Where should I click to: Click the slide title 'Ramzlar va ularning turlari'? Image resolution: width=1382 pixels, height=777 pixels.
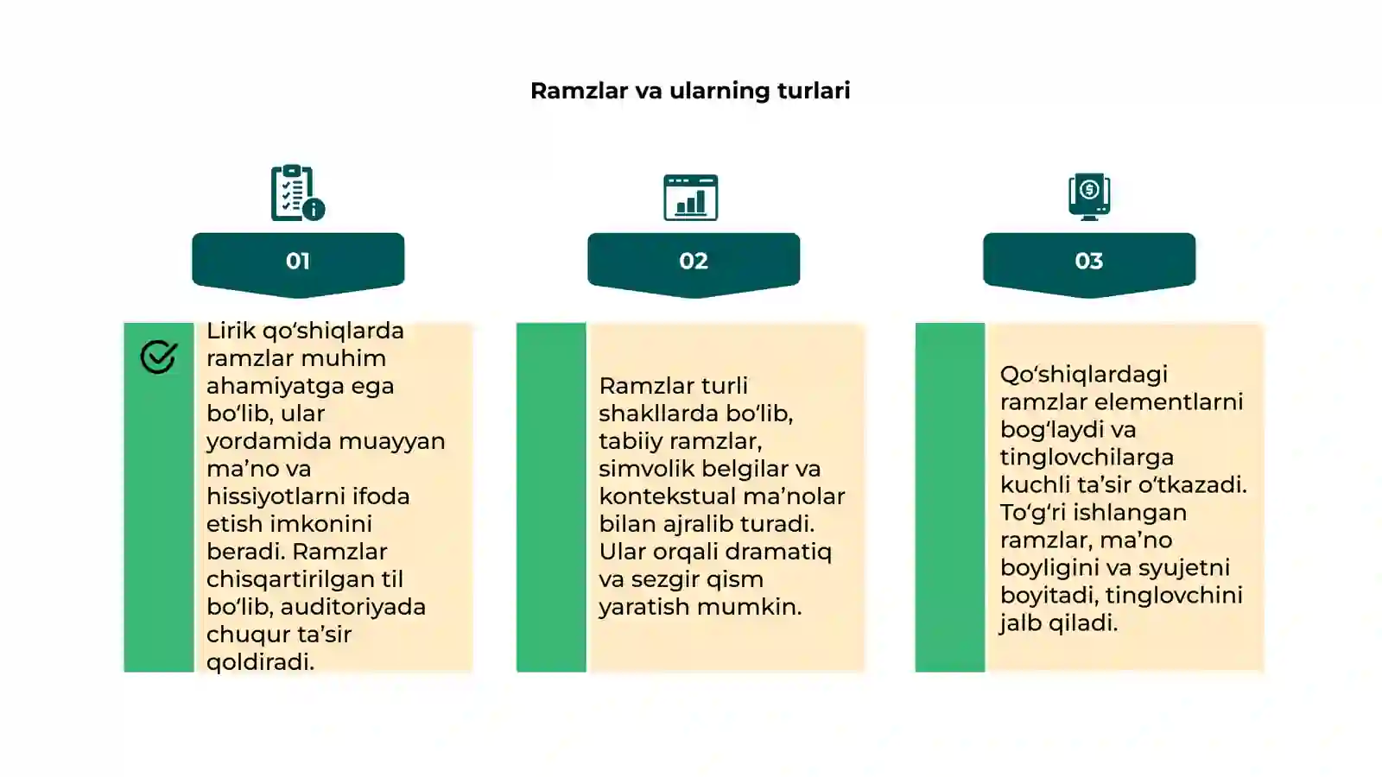[x=690, y=91]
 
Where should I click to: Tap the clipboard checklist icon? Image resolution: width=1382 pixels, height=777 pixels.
[x=298, y=193]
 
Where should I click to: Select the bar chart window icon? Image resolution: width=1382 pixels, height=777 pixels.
[x=690, y=198]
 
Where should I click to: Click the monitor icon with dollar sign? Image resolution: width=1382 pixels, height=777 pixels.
[x=1089, y=197]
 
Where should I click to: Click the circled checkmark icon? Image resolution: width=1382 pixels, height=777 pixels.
[x=159, y=357]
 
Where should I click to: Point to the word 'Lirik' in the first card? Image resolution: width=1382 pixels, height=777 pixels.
[x=231, y=331]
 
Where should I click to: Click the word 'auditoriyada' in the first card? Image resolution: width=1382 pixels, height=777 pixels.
[x=353, y=607]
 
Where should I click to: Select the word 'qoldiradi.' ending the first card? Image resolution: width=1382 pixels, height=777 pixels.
[x=260, y=662]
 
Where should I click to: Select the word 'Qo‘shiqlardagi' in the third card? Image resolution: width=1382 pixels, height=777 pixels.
[x=1084, y=375]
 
